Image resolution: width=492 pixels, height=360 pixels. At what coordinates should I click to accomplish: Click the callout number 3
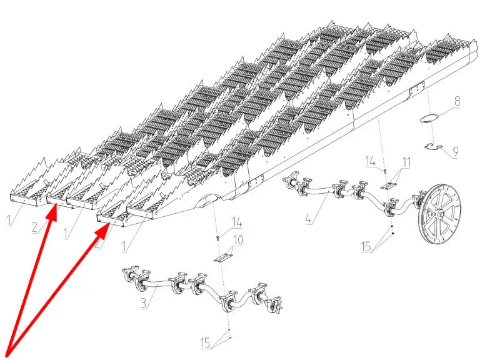pyautogui.click(x=143, y=303)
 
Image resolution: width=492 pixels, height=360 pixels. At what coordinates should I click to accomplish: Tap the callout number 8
pyautogui.click(x=457, y=102)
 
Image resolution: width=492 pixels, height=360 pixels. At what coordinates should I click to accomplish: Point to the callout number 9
pyautogui.click(x=454, y=152)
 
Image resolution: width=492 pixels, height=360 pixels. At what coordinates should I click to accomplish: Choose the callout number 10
pyautogui.click(x=238, y=240)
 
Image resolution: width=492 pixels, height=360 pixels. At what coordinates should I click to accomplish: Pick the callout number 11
pyautogui.click(x=406, y=162)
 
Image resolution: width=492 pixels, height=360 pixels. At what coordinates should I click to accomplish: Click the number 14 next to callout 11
pyautogui.click(x=371, y=162)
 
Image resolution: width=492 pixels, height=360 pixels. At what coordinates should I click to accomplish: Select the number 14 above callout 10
pyautogui.click(x=237, y=223)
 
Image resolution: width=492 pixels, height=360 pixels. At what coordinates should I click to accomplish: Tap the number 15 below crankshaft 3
pyautogui.click(x=206, y=342)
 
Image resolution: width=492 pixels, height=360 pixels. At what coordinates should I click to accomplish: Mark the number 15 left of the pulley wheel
pyautogui.click(x=366, y=247)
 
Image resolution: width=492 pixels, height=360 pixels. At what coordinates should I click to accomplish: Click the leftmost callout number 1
pyautogui.click(x=9, y=220)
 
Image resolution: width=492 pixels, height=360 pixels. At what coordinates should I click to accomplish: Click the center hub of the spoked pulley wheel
pyautogui.click(x=441, y=214)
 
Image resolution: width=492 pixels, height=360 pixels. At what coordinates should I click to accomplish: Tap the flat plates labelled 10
pyautogui.click(x=224, y=257)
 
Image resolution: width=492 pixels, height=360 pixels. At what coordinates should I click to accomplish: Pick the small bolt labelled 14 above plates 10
pyautogui.click(x=218, y=238)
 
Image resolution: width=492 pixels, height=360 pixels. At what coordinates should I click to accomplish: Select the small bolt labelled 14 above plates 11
pyautogui.click(x=385, y=171)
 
